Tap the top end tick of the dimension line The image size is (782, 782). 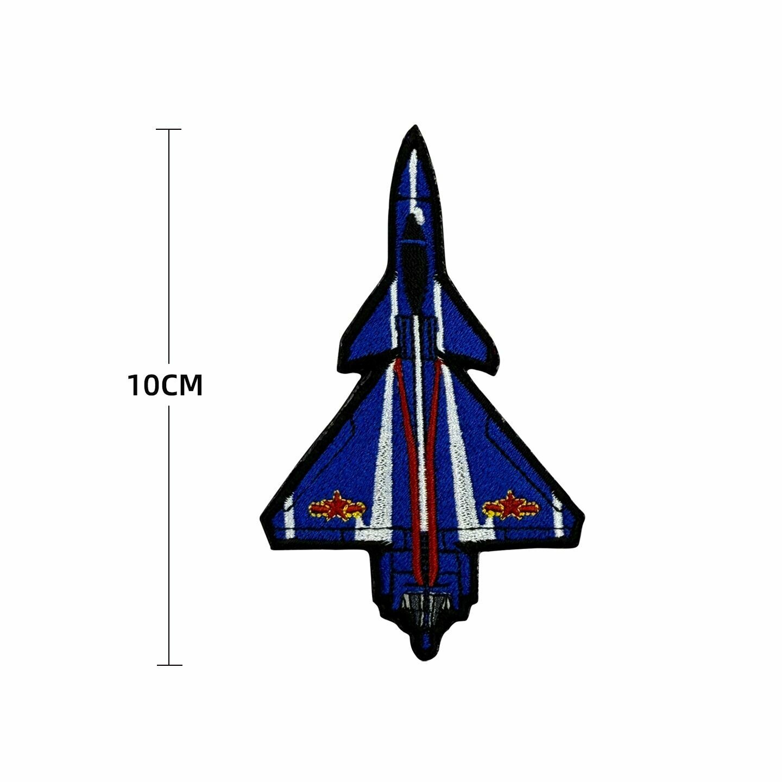[x=169, y=129]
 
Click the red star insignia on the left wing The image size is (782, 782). [x=337, y=506]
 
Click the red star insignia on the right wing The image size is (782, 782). [x=510, y=506]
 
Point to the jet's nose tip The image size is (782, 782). [x=415, y=125]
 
